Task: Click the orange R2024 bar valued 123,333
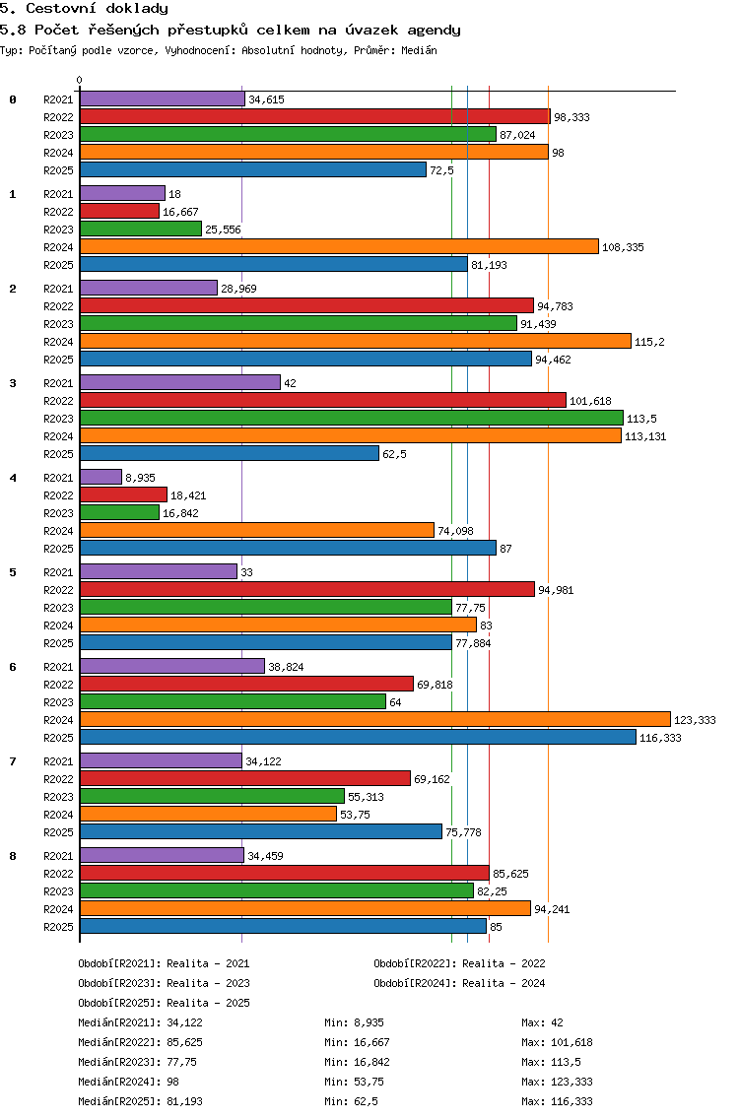(374, 719)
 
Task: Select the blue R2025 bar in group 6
(358, 737)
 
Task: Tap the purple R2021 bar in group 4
(101, 477)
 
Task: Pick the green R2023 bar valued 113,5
(352, 419)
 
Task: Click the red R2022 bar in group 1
(119, 211)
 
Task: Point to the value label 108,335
(624, 247)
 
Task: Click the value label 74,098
(455, 531)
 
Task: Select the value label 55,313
(366, 797)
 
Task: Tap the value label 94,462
(554, 360)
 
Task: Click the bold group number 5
(13, 572)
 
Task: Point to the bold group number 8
(13, 856)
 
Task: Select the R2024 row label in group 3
(58, 436)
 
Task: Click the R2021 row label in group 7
(58, 761)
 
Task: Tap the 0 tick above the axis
(79, 80)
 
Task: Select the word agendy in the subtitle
(435, 30)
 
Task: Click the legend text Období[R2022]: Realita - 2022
(459, 963)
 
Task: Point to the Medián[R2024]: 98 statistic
(128, 1082)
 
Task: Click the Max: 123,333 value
(557, 1082)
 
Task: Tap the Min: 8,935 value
(354, 1022)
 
